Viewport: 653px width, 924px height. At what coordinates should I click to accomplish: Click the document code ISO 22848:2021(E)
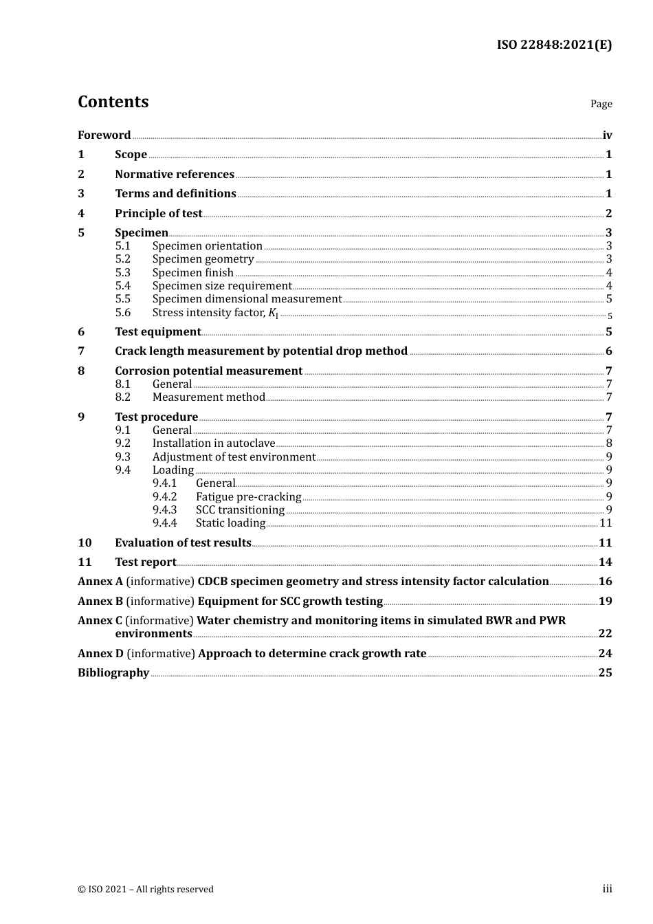tap(554, 45)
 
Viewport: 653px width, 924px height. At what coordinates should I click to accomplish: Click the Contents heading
tap(113, 102)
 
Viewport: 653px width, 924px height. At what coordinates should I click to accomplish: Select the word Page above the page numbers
tap(601, 104)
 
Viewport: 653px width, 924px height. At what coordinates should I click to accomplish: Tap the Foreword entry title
tap(104, 135)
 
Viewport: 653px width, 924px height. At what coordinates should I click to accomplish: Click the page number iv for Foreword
tap(607, 135)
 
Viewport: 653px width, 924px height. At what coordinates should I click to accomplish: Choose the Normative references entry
tap(175, 175)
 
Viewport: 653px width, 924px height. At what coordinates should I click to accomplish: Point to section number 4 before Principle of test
tap(81, 214)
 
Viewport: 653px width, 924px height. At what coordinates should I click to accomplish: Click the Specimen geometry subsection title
tap(203, 259)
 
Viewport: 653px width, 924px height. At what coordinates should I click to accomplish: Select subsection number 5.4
tap(122, 286)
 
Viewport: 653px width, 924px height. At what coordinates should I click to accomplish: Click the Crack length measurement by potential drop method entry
tap(261, 351)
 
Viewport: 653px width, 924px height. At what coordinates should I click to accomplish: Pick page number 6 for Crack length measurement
tap(608, 351)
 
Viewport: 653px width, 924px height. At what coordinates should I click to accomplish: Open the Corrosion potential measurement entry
tap(208, 371)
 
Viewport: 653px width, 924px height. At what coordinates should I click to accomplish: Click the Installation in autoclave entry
tap(213, 443)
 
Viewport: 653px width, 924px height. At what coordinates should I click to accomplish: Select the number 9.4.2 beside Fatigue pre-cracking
tap(164, 497)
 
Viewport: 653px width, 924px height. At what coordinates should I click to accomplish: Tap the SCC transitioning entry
tap(240, 510)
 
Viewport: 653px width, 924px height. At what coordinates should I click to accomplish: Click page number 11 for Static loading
tap(606, 523)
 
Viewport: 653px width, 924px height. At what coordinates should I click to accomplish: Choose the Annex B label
tap(100, 602)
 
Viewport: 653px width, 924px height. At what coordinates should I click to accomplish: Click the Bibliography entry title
tap(113, 673)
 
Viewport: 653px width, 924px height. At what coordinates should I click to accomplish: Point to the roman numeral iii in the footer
tap(607, 889)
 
